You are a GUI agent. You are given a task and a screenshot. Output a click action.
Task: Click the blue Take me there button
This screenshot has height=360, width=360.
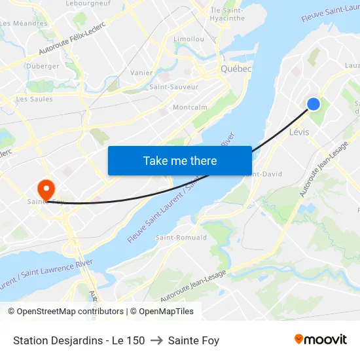180,160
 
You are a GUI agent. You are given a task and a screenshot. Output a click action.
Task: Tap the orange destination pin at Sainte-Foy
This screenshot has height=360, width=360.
46,190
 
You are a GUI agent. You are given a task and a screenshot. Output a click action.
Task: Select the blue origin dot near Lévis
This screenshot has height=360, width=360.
314,103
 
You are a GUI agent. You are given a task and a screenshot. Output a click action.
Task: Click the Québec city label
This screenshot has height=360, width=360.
236,69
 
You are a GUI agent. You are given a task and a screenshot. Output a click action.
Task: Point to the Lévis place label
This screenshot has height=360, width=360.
299,132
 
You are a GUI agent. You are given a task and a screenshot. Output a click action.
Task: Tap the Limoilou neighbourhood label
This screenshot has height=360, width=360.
189,39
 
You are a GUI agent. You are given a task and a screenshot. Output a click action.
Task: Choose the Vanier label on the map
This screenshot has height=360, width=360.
141,73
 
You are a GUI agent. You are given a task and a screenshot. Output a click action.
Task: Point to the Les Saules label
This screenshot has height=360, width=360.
34,99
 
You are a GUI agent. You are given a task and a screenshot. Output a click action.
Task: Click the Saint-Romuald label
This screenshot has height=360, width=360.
181,238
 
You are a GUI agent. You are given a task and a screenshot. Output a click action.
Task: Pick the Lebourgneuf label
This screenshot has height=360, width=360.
88,3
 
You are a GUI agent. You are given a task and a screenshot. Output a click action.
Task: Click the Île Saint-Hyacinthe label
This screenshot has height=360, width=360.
227,14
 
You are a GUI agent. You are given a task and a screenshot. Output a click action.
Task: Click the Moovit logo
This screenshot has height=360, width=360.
321,340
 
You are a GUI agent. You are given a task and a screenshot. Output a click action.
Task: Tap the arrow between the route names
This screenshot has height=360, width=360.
156,340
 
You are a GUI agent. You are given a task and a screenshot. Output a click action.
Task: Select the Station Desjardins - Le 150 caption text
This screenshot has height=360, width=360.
79,340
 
